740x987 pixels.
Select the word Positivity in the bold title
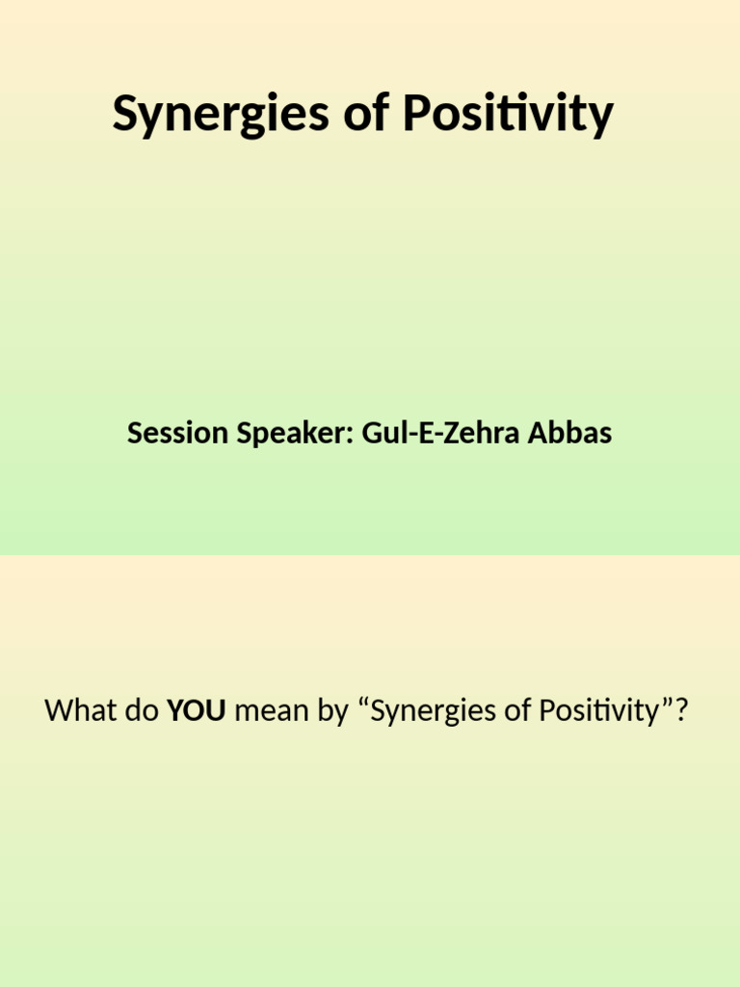508,116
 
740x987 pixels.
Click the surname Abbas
570,434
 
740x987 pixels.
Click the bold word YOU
197,712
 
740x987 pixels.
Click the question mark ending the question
683,712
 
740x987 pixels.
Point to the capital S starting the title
123,115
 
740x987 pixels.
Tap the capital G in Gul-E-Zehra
372,434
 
